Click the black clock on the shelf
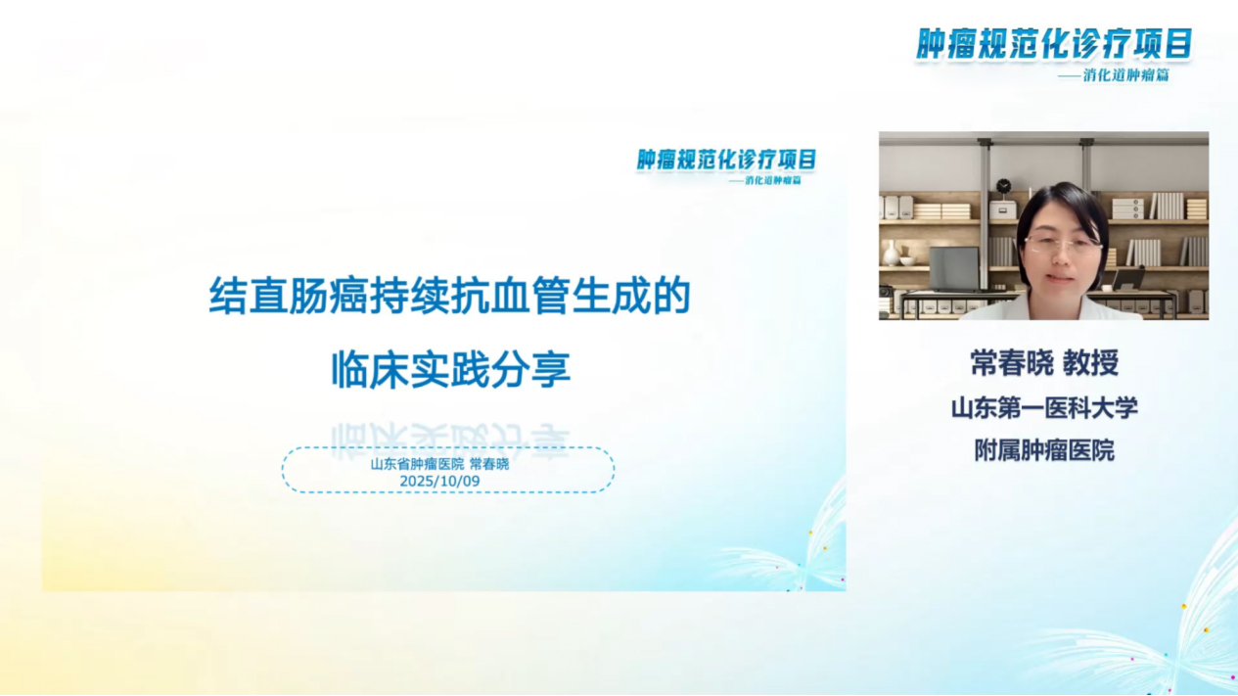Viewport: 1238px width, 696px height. pos(1003,186)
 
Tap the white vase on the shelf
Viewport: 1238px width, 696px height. pos(892,254)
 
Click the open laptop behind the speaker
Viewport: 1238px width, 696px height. pos(954,267)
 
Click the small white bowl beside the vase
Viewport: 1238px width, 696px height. pos(908,261)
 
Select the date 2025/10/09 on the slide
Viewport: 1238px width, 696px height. pos(439,481)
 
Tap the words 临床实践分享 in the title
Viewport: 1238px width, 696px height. pos(450,370)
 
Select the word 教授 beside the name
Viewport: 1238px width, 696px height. pos(1090,363)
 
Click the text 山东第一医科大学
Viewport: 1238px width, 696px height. pos(1044,407)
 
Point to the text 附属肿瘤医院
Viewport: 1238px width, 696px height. pos(1044,450)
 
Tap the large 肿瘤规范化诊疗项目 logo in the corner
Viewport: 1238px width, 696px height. pos(1054,44)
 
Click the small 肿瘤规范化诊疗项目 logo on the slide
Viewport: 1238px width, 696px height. pos(726,160)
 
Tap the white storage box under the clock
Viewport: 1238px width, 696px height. pos(1002,209)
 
